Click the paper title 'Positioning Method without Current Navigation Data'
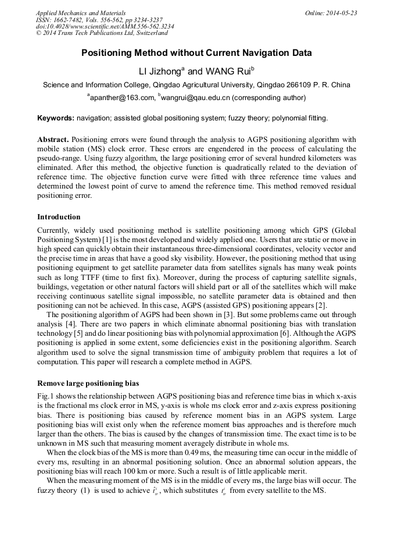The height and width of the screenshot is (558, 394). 196,53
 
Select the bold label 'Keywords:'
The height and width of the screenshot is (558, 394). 56,118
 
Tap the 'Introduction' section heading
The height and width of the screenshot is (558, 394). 59,217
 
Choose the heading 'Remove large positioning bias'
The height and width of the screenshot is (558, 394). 88,383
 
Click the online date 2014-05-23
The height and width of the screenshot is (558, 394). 338,13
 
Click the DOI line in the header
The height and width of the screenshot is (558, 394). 105,27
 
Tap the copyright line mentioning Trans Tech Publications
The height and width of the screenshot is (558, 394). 102,34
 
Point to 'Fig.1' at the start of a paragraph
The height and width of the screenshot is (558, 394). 46,396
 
